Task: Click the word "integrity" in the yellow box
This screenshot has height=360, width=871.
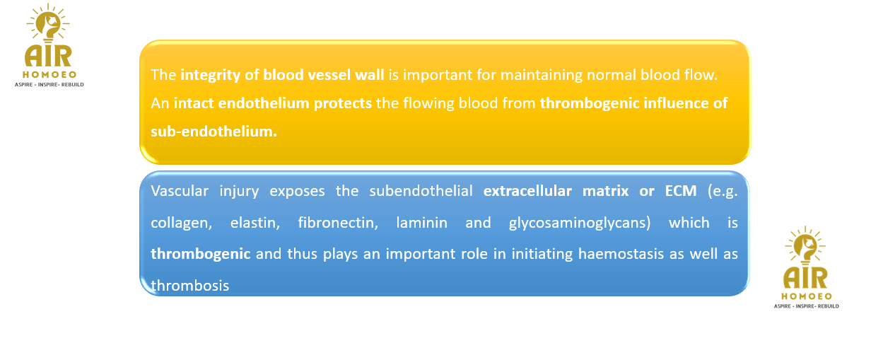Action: [x=210, y=75]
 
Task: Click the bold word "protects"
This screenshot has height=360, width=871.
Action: [x=343, y=103]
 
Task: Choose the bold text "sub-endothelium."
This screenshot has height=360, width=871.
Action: [x=214, y=132]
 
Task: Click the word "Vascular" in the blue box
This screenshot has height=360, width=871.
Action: [x=180, y=191]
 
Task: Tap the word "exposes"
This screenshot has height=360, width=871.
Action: [x=297, y=192]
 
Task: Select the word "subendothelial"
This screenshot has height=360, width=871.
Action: [x=421, y=191]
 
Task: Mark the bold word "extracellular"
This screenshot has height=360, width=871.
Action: [x=527, y=191]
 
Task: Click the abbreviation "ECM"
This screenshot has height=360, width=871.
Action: [x=680, y=191]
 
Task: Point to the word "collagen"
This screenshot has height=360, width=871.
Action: [x=180, y=223]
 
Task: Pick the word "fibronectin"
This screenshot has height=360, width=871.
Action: [x=337, y=223]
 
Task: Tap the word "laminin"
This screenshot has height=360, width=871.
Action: [x=421, y=223]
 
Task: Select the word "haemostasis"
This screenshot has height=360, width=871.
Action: [x=621, y=254]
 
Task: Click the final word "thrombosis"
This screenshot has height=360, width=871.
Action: [x=189, y=286]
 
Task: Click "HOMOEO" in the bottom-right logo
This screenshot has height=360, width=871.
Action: [x=807, y=296]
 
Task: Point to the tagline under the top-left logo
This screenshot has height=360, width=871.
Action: [x=49, y=84]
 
